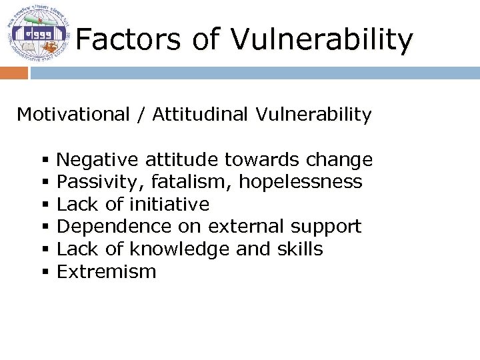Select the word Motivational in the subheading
73,115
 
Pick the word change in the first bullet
339,160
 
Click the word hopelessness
301,182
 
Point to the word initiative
169,204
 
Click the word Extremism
107,271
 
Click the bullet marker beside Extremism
45,272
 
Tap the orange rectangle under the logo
13,73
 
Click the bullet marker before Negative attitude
45,161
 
